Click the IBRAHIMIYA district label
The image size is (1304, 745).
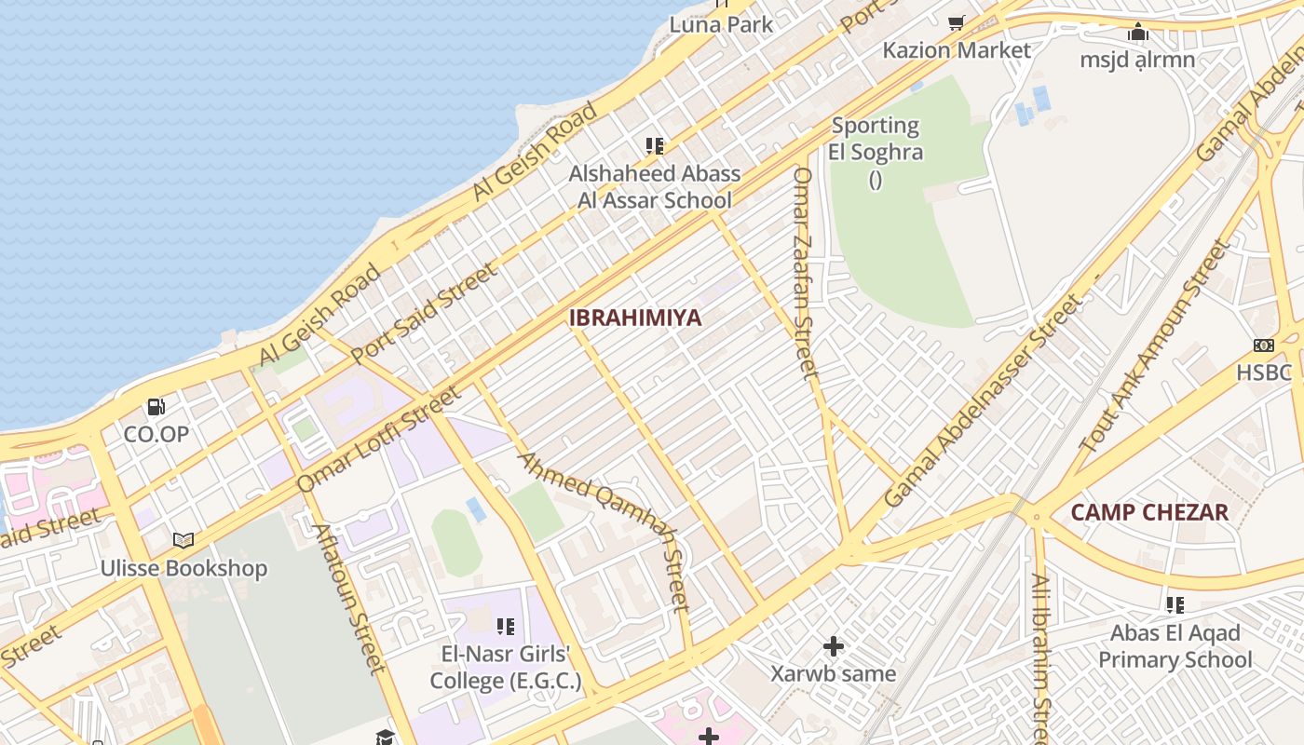[x=635, y=318]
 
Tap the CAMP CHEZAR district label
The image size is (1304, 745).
[x=1149, y=512]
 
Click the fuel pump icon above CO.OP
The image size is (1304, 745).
[x=156, y=407]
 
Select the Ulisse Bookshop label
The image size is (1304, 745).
[x=184, y=568]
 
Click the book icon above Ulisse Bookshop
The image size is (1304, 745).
[x=183, y=540]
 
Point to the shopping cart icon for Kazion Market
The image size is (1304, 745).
[x=957, y=23]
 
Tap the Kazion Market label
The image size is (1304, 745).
[x=957, y=50]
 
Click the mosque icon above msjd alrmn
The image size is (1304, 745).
[x=1137, y=34]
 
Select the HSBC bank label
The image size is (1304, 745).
[x=1264, y=373]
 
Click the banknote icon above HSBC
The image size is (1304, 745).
[x=1263, y=345]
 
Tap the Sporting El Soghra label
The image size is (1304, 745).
[x=876, y=139]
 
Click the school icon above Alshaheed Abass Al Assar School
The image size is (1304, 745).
[x=655, y=146]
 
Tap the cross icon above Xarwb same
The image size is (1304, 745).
[x=834, y=645]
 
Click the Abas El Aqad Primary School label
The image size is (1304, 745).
[x=1175, y=646]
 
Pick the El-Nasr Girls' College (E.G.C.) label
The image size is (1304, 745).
[x=506, y=667]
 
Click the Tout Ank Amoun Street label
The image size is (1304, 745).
[x=1156, y=346]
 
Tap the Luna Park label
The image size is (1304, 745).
[x=721, y=24]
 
